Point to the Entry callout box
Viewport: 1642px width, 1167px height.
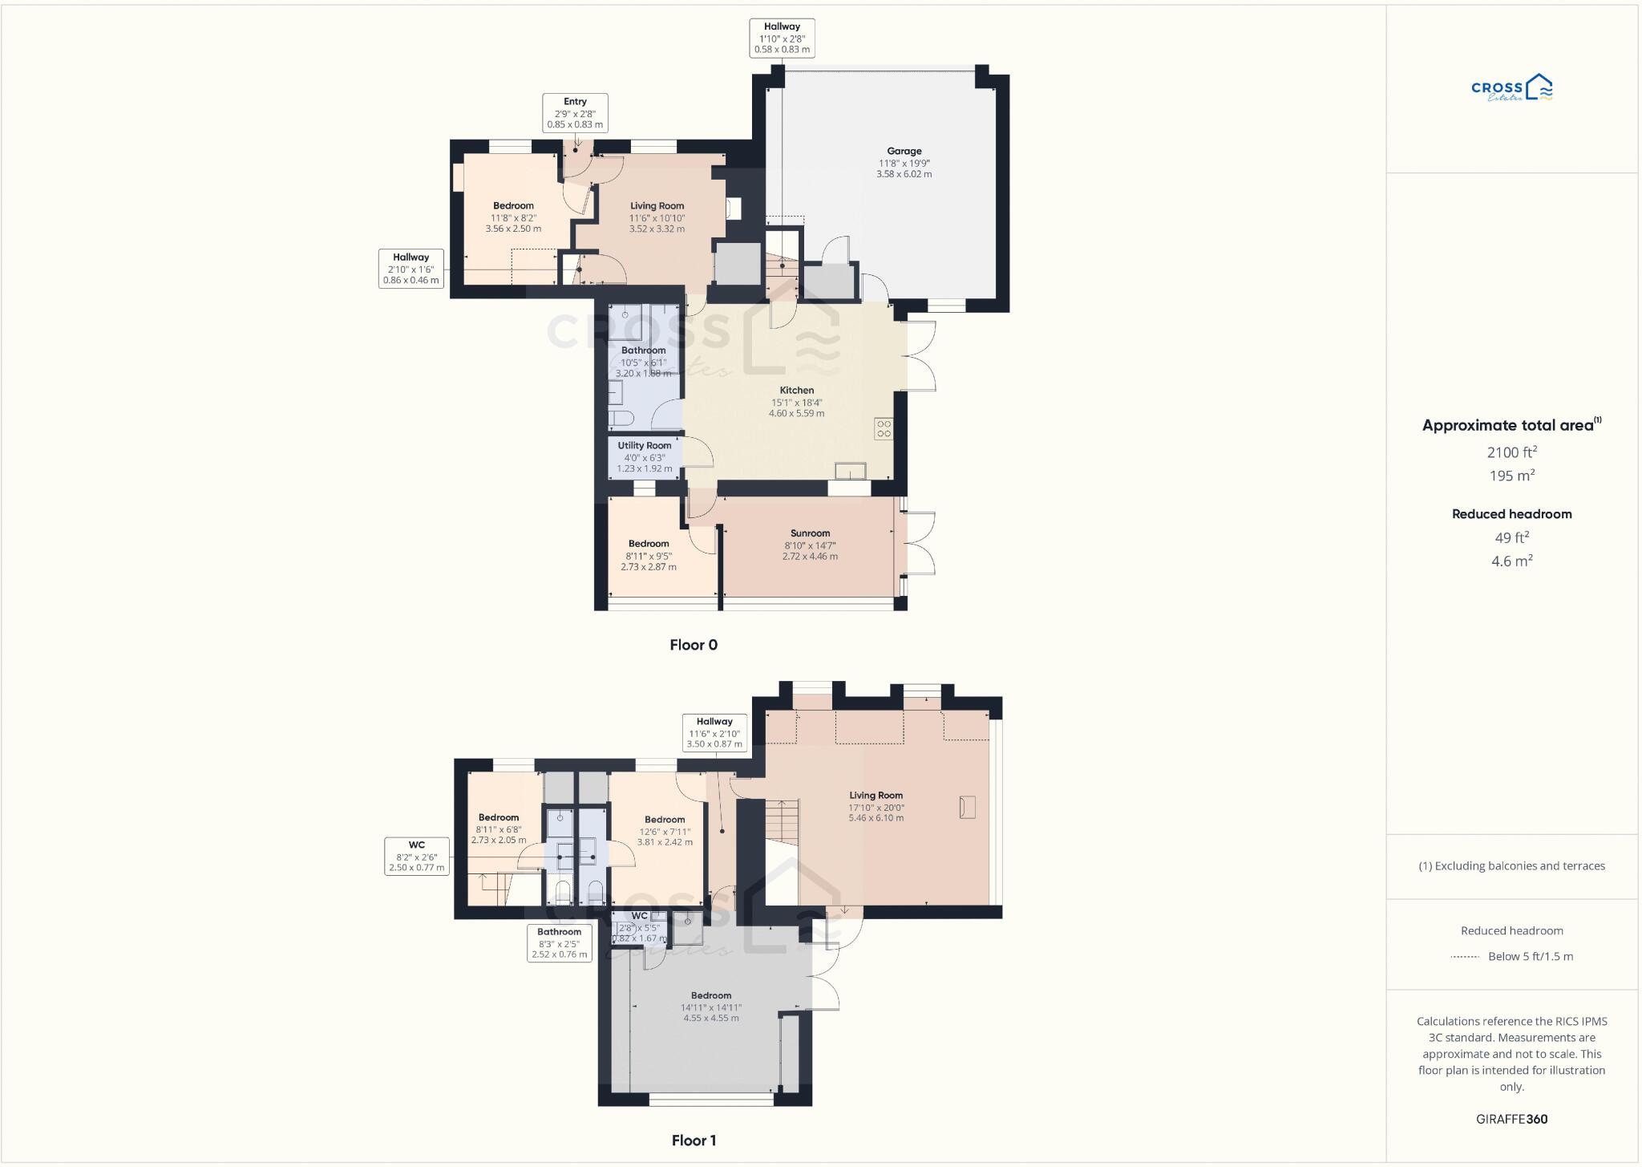click(575, 113)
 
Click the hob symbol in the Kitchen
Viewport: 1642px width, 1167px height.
click(884, 428)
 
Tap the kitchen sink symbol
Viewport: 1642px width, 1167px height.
click(850, 471)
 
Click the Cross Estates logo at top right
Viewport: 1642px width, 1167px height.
click(1511, 88)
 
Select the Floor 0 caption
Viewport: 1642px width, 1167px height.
click(694, 645)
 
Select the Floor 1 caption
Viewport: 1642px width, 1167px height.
click(694, 1141)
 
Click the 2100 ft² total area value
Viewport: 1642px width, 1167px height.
click(1511, 452)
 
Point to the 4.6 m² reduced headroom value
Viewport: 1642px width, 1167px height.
click(1511, 561)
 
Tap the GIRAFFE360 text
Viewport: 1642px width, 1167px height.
click(1511, 1119)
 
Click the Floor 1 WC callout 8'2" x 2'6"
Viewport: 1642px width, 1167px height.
click(416, 856)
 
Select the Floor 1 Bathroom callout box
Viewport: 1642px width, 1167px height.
click(559, 943)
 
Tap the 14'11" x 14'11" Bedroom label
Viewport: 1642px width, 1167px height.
click(711, 1007)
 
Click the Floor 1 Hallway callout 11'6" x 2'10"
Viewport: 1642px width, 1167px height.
click(714, 733)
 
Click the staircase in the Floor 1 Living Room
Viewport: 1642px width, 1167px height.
click(781, 821)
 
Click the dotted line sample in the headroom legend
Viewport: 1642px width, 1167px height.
click(1465, 957)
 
